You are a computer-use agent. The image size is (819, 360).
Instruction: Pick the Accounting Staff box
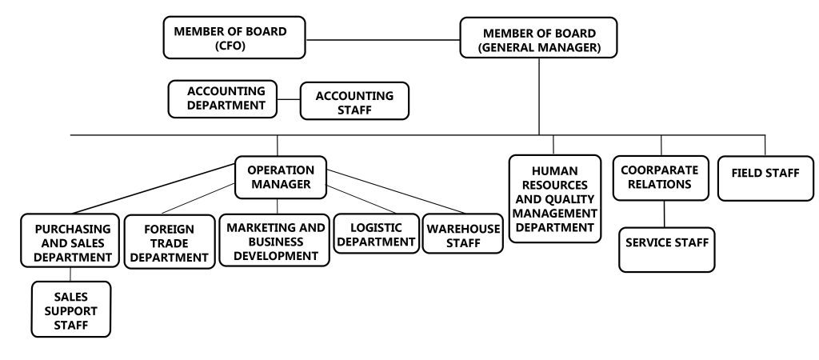coord(354,102)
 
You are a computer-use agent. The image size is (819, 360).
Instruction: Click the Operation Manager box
coord(280,178)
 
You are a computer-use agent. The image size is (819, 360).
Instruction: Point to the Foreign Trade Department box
coord(169,242)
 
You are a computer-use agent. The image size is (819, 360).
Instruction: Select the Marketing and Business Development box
coord(276,241)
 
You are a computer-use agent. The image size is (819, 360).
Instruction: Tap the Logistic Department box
coord(376,233)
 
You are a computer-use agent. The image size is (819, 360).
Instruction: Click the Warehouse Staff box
coord(463,234)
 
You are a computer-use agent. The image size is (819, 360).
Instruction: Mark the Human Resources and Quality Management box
coord(555,199)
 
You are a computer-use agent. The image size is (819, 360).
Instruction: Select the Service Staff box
coord(667,250)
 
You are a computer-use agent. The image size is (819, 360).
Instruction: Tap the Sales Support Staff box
coord(72,310)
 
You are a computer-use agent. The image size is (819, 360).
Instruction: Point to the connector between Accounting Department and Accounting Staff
coord(288,100)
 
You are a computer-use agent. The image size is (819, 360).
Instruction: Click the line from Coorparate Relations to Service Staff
coord(665,214)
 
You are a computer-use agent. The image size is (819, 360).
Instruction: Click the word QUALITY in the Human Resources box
coord(575,199)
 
